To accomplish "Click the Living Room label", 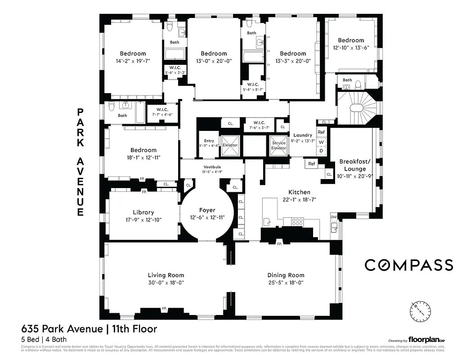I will pyautogui.click(x=166, y=275).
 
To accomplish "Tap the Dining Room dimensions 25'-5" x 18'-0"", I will pyautogui.click(x=286, y=283).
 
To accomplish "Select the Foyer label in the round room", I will pyautogui.click(x=207, y=210).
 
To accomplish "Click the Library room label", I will pyautogui.click(x=143, y=212).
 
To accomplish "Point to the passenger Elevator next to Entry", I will pyautogui.click(x=230, y=144).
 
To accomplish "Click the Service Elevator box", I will pyautogui.click(x=279, y=145).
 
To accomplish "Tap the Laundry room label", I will pyautogui.click(x=303, y=135).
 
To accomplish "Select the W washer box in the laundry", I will pyautogui.click(x=321, y=142).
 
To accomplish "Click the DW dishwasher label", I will pyautogui.click(x=333, y=217).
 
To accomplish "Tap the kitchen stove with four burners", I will pyautogui.click(x=297, y=221).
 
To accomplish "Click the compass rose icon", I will pyautogui.click(x=420, y=311).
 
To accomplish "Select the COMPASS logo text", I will pyautogui.click(x=408, y=265).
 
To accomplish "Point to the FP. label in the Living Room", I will pyautogui.click(x=165, y=309).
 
